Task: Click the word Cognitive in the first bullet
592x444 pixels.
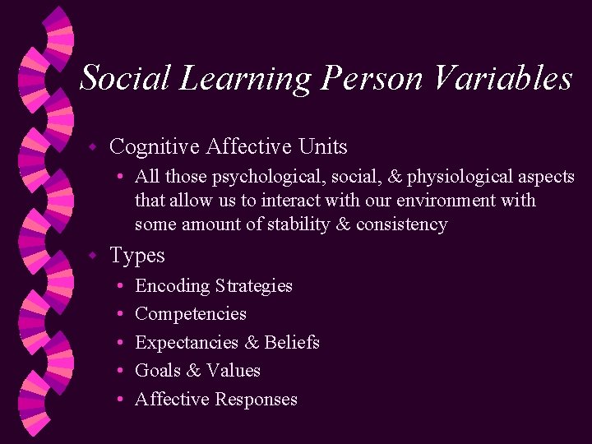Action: pos(155,147)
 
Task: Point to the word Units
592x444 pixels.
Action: pos(322,147)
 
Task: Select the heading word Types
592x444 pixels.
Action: pos(137,257)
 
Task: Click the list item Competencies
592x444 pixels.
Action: pos(191,314)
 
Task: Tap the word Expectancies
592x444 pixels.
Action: pos(187,343)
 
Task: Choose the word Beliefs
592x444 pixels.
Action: pos(292,343)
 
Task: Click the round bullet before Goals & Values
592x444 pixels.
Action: pos(120,372)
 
